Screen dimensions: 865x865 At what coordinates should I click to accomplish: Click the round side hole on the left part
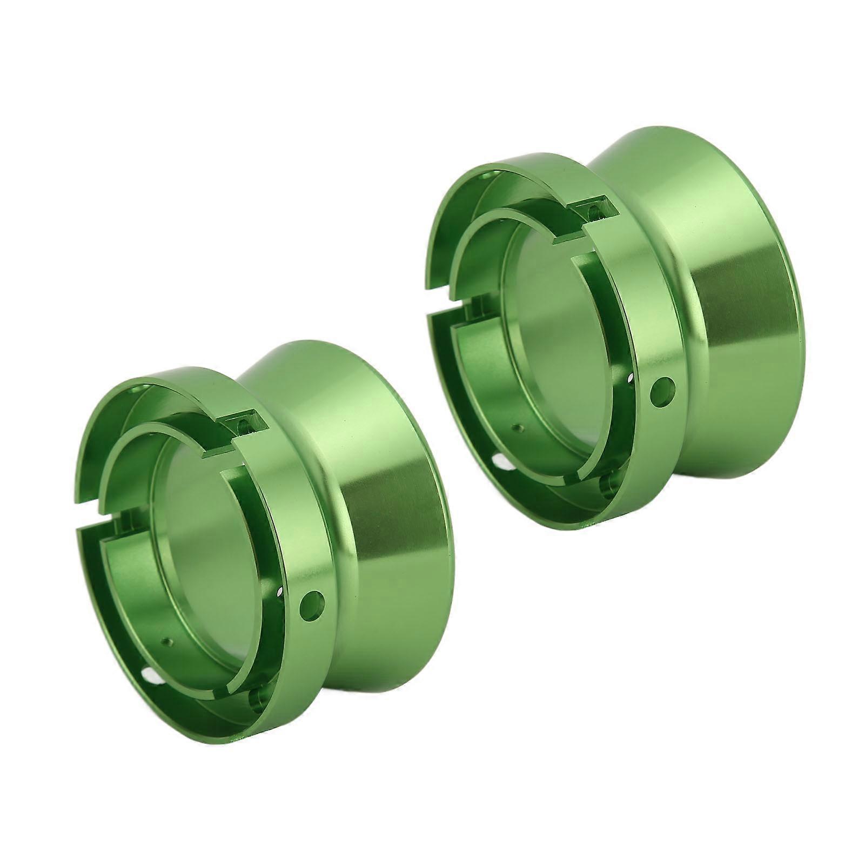[313, 600]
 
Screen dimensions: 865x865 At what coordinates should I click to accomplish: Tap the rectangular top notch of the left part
[244, 424]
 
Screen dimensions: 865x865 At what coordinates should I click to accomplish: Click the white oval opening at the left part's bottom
[148, 674]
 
